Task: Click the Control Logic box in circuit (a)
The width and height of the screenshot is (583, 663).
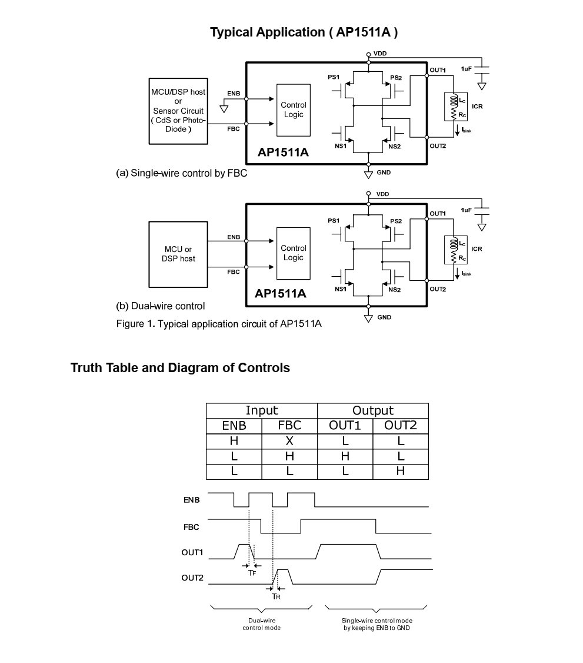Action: click(x=293, y=110)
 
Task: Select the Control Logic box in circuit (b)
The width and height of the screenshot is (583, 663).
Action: click(x=293, y=253)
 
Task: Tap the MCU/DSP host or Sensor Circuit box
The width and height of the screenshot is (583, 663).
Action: click(x=178, y=111)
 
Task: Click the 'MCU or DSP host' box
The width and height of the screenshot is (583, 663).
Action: click(x=178, y=254)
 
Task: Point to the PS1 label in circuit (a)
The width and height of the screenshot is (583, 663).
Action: click(x=334, y=77)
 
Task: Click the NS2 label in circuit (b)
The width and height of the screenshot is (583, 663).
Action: click(x=394, y=289)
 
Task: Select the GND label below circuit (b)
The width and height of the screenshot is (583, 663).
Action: click(x=384, y=317)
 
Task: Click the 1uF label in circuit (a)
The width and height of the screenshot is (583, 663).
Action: click(x=466, y=69)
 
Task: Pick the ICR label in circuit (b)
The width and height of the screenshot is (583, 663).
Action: click(x=477, y=249)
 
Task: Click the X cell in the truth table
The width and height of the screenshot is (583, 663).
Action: click(x=289, y=440)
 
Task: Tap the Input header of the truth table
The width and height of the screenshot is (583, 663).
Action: click(x=261, y=410)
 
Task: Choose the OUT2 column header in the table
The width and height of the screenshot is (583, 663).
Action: click(x=401, y=426)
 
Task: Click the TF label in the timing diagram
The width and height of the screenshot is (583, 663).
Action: click(x=251, y=572)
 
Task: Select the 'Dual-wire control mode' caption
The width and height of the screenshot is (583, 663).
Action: click(x=261, y=624)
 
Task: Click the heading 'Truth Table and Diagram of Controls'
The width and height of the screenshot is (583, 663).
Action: click(x=180, y=368)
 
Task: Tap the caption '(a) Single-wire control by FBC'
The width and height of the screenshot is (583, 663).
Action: click(x=181, y=173)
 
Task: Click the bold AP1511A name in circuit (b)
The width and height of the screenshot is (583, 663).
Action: click(x=280, y=293)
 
